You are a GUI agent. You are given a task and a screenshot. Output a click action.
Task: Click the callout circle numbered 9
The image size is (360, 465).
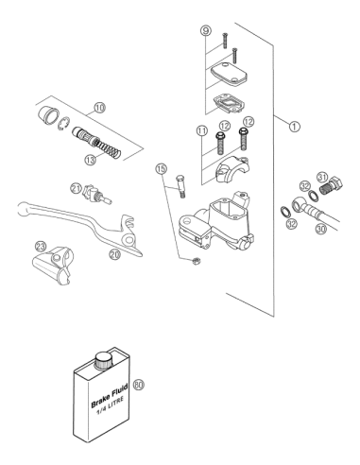pos(206,31)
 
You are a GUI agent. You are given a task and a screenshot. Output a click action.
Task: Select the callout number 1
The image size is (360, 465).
pos(295,127)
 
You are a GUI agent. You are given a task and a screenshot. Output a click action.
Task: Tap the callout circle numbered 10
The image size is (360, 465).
pos(99,108)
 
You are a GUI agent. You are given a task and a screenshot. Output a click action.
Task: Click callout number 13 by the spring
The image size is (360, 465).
pos(91,160)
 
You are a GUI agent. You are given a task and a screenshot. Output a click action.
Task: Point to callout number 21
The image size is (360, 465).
pos(76,189)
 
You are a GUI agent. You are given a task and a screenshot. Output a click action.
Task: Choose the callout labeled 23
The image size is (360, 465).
pos(41,246)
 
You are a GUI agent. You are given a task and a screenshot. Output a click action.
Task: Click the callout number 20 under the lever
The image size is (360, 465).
pos(115,254)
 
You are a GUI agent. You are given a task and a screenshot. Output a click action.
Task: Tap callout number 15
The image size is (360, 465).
pos(161,168)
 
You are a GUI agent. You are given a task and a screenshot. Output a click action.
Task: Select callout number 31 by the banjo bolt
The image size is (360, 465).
pos(322,178)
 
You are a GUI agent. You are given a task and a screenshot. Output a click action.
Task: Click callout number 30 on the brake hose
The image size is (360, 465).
pos(321,229)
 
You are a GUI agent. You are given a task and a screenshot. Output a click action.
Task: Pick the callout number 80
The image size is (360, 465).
pos(139,385)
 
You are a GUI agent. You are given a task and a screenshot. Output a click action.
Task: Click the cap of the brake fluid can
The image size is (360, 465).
pos(104,360)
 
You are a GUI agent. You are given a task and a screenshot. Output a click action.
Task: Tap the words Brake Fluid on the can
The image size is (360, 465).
pos(110,395)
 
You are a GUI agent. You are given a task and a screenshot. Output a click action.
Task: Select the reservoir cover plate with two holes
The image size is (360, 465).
pos(229,74)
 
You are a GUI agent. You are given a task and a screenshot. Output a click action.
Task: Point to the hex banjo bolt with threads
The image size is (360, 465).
pos(331,186)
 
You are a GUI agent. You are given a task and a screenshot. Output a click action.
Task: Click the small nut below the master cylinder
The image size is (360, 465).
pos(196,261)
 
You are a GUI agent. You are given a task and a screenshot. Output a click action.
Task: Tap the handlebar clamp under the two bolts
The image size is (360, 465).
pos(231,172)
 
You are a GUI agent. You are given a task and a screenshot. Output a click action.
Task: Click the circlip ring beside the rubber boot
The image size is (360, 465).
pos(65,123)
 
